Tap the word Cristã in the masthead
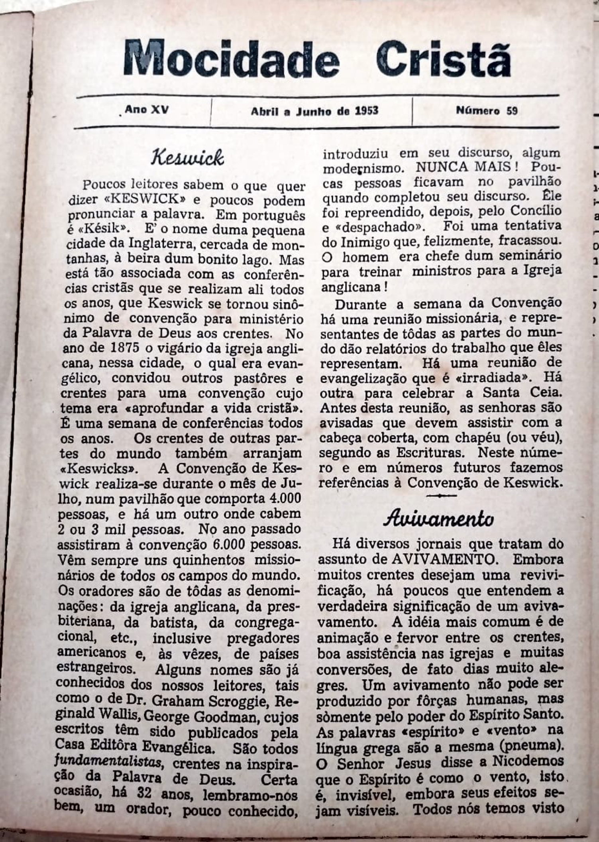coord(443,59)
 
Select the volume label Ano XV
coord(147,110)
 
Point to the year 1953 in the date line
coord(366,110)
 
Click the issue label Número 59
coord(487,110)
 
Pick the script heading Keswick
coord(187,158)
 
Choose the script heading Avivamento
coord(439,519)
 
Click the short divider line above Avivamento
coord(441,496)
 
